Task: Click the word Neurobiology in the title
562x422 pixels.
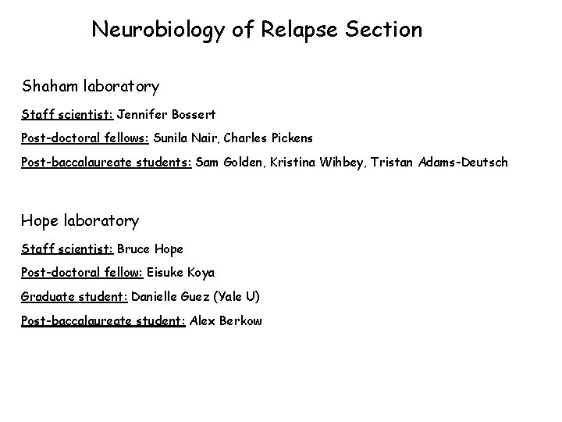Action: (x=158, y=30)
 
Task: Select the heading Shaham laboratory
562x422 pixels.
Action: (x=91, y=86)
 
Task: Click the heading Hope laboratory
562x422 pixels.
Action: (x=80, y=221)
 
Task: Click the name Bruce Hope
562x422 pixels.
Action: (x=150, y=249)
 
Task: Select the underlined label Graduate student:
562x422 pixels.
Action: (x=74, y=297)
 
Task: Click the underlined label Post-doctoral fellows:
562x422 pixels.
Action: (x=85, y=138)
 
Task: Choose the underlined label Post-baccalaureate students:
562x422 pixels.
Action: (x=106, y=163)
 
